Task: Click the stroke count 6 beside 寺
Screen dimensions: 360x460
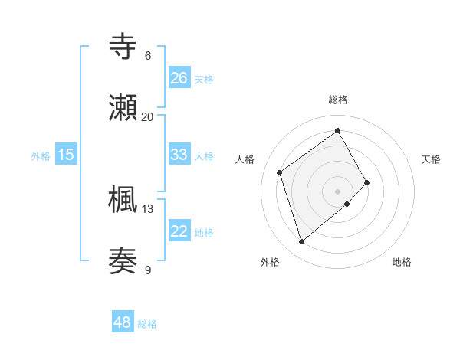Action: (148, 56)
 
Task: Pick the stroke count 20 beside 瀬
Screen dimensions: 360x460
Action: (148, 117)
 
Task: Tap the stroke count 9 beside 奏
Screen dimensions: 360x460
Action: (148, 270)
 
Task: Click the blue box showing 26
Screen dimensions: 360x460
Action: (179, 78)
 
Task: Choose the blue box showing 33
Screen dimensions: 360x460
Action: (179, 155)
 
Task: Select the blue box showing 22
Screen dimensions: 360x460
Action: (179, 231)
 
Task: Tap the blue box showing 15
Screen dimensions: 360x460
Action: (66, 155)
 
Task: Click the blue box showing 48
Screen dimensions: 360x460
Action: (123, 323)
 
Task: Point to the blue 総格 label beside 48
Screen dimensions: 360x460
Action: (147, 325)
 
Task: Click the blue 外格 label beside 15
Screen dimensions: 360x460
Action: (41, 156)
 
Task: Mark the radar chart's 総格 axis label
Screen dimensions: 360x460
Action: (338, 100)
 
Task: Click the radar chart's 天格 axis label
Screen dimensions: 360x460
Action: (431, 159)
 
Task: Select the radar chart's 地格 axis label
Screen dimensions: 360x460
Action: (402, 263)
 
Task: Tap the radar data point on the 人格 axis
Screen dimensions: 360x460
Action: (280, 172)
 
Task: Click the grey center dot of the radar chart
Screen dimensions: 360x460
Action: (337, 191)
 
